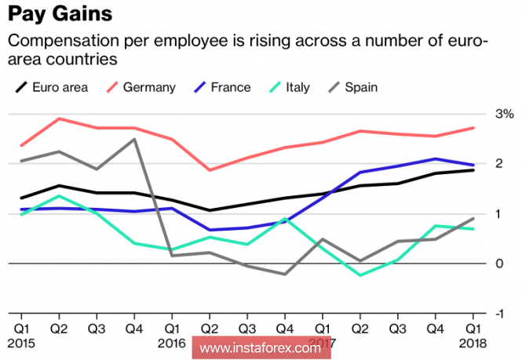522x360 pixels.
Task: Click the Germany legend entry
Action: coord(148,86)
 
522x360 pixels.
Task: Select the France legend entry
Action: coord(230,86)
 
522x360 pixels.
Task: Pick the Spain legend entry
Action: coord(361,86)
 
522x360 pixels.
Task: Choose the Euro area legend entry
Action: coord(60,86)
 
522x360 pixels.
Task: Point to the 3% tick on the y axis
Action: coord(503,114)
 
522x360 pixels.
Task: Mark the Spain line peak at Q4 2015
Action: coord(134,140)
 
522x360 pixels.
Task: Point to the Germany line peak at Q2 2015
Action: coord(59,118)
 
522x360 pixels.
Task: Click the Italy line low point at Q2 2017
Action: coord(360,275)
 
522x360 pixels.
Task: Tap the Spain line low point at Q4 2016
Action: coord(284,274)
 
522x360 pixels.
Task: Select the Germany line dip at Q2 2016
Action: coord(210,170)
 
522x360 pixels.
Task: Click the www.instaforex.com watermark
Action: coord(259,347)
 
